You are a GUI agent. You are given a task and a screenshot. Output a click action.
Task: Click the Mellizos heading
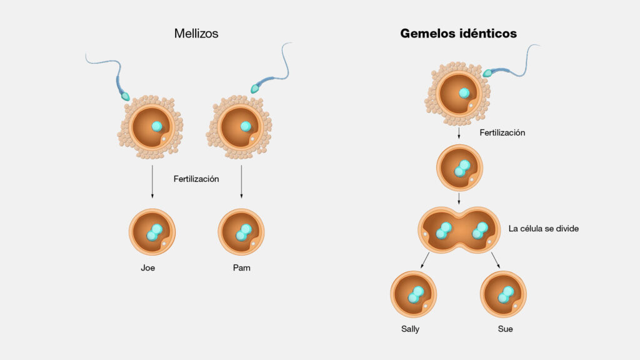pos(196,34)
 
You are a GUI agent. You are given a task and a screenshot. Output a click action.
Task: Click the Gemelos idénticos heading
pos(458,34)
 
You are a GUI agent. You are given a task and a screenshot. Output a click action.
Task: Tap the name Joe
pos(147,267)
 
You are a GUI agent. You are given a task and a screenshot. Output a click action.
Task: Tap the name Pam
pos(242,267)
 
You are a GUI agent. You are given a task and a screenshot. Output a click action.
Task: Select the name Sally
pos(410,329)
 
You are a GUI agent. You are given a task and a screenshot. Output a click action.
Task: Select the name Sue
pos(505,329)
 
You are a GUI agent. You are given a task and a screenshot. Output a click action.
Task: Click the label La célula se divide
pos(544,229)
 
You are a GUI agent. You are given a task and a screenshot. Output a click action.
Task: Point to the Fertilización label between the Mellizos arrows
pos(196,179)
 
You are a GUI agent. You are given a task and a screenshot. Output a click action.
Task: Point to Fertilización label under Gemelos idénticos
pos(502,132)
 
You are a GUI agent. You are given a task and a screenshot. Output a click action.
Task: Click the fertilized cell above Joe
pos(152,232)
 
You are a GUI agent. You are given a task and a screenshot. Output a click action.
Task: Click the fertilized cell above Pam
pos(241,232)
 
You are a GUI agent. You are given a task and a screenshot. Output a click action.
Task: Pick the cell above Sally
pos(414,294)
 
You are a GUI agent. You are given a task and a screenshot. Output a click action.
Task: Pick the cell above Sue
pos(503,294)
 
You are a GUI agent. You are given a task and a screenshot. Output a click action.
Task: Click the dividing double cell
pos(459,230)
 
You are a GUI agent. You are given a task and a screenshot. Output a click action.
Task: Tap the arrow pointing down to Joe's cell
pos(152,182)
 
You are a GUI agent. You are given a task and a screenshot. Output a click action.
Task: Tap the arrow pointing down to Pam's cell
pos(241,182)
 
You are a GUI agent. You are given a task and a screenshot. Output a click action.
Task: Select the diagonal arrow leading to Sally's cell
pos(425,260)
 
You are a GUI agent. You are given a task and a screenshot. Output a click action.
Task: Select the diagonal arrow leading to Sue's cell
pos(496,260)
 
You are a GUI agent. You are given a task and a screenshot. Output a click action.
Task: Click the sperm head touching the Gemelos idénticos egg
pos(487,73)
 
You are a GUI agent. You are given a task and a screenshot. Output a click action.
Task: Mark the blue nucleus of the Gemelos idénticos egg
pos(464,93)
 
